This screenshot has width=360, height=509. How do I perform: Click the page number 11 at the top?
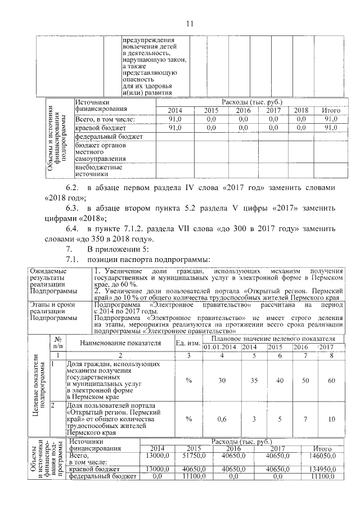click(x=189, y=23)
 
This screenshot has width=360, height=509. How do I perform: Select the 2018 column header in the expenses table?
click(x=301, y=110)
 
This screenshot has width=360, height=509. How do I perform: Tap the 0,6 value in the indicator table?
click(x=222, y=418)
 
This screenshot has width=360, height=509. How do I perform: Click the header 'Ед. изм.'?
click(x=188, y=343)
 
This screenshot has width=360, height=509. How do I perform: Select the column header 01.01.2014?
click(x=222, y=347)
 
